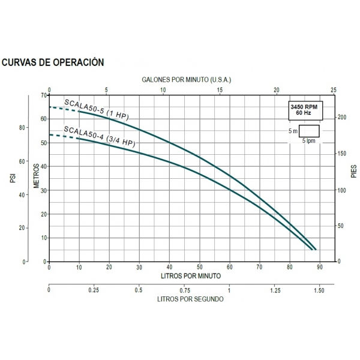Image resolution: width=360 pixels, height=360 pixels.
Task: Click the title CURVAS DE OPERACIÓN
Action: click(54, 62)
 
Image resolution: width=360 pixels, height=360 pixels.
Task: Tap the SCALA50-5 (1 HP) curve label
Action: click(97, 108)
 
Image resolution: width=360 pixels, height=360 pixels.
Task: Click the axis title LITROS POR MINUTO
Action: click(190, 275)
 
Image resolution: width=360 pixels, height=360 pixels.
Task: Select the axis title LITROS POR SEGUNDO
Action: click(190, 298)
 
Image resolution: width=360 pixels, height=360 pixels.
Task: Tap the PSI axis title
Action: click(13, 179)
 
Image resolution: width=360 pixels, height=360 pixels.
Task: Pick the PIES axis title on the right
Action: click(353, 172)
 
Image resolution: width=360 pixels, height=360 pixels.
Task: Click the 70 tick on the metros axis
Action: click(43, 95)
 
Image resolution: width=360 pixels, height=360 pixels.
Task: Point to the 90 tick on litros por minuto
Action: click(320, 268)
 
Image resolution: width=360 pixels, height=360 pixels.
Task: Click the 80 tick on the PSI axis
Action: click(23, 128)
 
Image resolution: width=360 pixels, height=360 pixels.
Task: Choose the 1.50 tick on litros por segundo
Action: click(319, 290)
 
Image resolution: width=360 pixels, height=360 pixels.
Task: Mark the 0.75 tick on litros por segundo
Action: click(185, 290)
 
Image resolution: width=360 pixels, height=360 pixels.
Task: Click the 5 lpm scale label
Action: click(308, 140)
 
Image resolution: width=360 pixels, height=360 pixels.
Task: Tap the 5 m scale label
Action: click(292, 131)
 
